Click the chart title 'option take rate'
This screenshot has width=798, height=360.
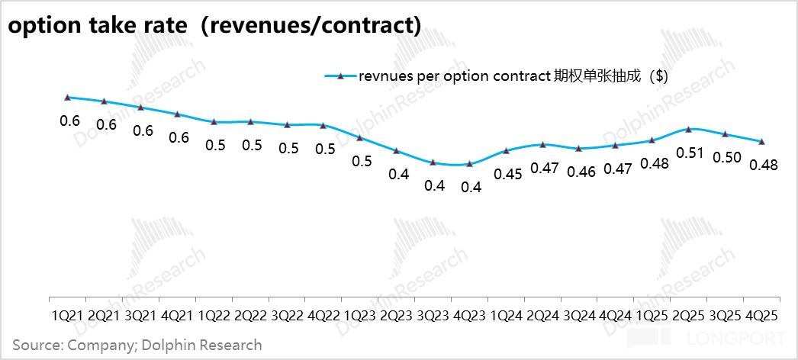click(x=214, y=24)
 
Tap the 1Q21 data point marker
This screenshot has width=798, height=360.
click(x=68, y=98)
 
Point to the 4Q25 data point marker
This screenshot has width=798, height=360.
click(x=762, y=141)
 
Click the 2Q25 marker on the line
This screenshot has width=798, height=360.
click(x=689, y=130)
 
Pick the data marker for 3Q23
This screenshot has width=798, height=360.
click(x=433, y=162)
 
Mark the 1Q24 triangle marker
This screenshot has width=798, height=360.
click(x=507, y=151)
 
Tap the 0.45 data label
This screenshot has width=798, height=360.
click(x=507, y=174)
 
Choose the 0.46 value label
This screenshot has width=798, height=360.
click(x=581, y=171)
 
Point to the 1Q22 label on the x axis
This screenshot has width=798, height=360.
click(x=214, y=315)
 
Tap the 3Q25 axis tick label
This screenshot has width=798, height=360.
click(x=725, y=315)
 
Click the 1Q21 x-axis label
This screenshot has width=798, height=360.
click(x=68, y=315)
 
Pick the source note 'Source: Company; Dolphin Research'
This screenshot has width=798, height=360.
click(x=137, y=346)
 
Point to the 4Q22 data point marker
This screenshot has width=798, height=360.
click(x=323, y=126)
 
